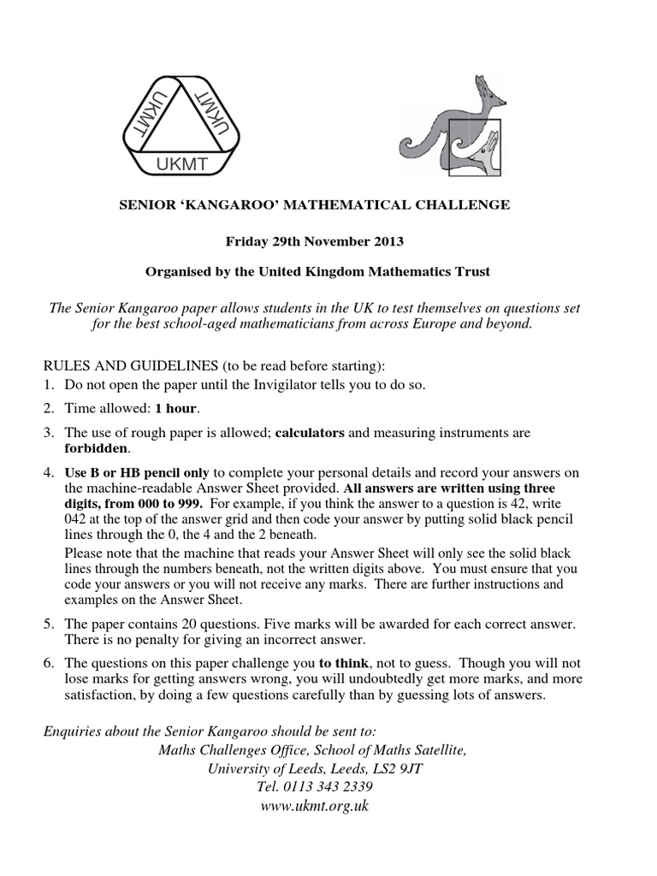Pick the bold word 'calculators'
tap(310, 433)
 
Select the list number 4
tap(50, 472)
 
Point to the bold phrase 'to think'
tap(344, 662)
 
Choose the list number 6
tap(50, 662)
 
